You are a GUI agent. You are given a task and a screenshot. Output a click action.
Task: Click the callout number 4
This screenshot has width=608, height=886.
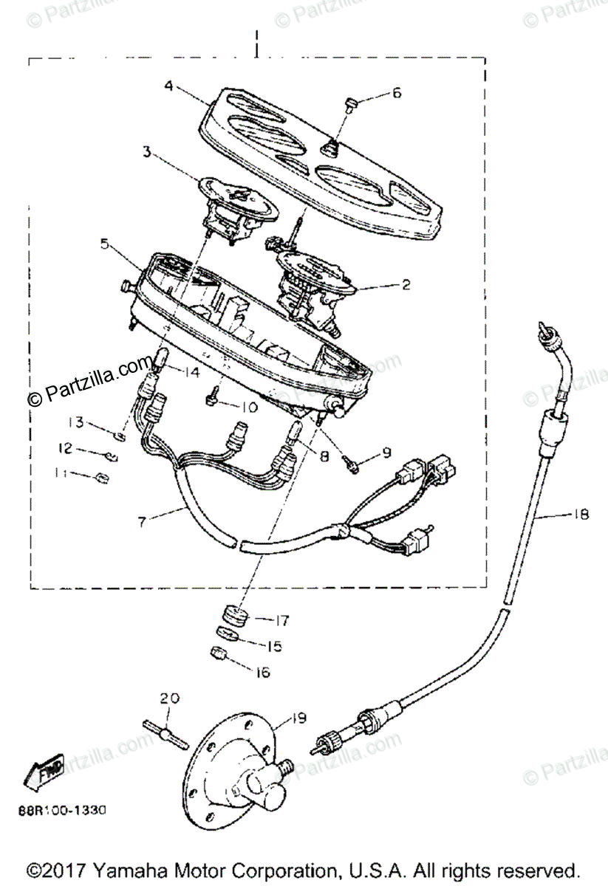[x=169, y=86]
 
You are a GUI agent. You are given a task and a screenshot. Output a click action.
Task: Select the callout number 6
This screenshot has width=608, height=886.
[x=396, y=94]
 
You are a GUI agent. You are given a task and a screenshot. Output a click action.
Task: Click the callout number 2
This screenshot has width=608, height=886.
[x=406, y=283]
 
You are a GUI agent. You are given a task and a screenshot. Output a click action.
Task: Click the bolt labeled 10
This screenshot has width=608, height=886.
[x=212, y=399]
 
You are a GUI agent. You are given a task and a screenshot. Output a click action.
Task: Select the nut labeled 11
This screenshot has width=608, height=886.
[x=103, y=478]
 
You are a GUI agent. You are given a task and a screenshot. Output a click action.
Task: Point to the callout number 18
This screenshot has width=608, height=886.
[x=580, y=516]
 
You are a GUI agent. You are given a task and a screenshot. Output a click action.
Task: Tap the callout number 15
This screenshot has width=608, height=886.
[x=274, y=647]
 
